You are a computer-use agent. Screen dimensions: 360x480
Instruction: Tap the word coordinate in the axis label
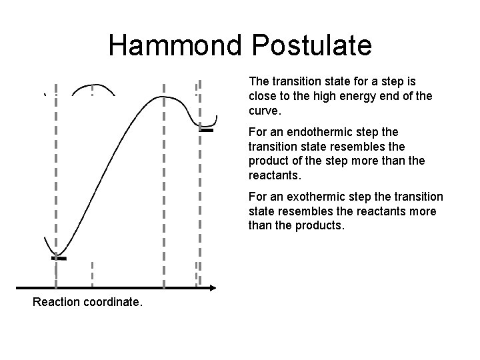click(114, 302)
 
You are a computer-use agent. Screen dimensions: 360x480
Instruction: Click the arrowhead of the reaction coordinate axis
click(213, 288)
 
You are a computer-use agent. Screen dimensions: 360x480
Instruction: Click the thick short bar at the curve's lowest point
click(59, 257)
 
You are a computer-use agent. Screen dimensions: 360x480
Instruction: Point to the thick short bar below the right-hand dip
click(206, 131)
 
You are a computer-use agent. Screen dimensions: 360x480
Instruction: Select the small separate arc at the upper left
click(92, 89)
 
